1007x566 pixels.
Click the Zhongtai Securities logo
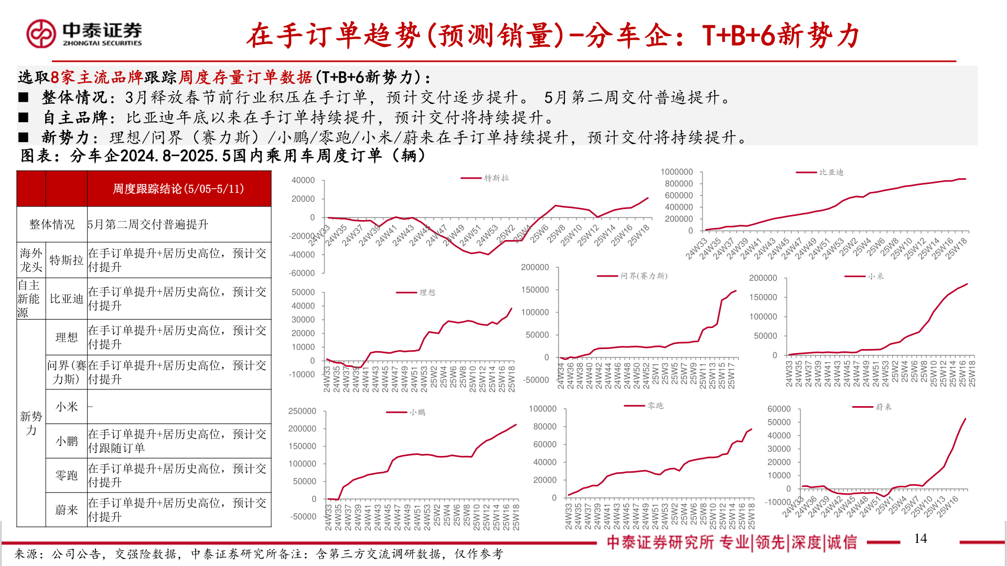[84, 34]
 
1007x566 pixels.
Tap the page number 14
[920, 539]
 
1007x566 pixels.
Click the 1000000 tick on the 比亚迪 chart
[677, 172]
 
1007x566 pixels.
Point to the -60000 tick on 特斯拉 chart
[302, 273]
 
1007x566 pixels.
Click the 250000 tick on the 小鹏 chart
[302, 411]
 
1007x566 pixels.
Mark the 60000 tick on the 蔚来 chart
[779, 409]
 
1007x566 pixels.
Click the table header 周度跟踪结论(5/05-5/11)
[178, 189]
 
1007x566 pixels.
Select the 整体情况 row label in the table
[52, 224]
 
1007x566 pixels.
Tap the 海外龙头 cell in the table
[31, 260]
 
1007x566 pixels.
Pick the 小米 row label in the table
[67, 407]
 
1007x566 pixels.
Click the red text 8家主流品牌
[97, 78]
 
